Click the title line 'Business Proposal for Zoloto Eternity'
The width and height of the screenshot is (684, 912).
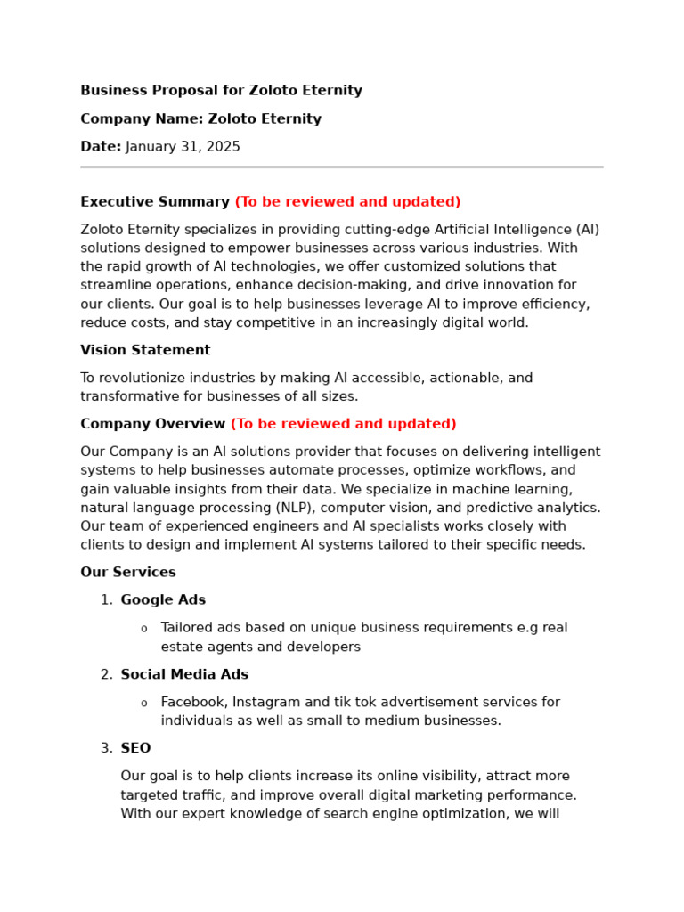[221, 91]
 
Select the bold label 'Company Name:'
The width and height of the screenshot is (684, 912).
[142, 119]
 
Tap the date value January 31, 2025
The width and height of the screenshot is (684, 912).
[183, 147]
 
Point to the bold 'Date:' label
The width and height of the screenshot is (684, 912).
[101, 147]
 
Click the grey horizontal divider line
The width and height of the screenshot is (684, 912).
[341, 167]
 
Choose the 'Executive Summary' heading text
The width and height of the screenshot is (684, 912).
[155, 202]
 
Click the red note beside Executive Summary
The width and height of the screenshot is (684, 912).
[347, 202]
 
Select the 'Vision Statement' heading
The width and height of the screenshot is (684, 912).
[145, 351]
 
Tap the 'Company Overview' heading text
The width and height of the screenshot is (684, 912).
[152, 424]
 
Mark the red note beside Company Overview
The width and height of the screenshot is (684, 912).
[343, 424]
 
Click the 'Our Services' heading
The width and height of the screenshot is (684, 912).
[128, 573]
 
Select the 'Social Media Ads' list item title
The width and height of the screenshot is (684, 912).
[184, 675]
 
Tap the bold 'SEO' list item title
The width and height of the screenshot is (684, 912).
[135, 748]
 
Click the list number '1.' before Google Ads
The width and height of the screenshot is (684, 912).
[106, 600]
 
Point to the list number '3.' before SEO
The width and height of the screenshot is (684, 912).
[106, 748]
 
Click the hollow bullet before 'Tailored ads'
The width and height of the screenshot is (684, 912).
[144, 629]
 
